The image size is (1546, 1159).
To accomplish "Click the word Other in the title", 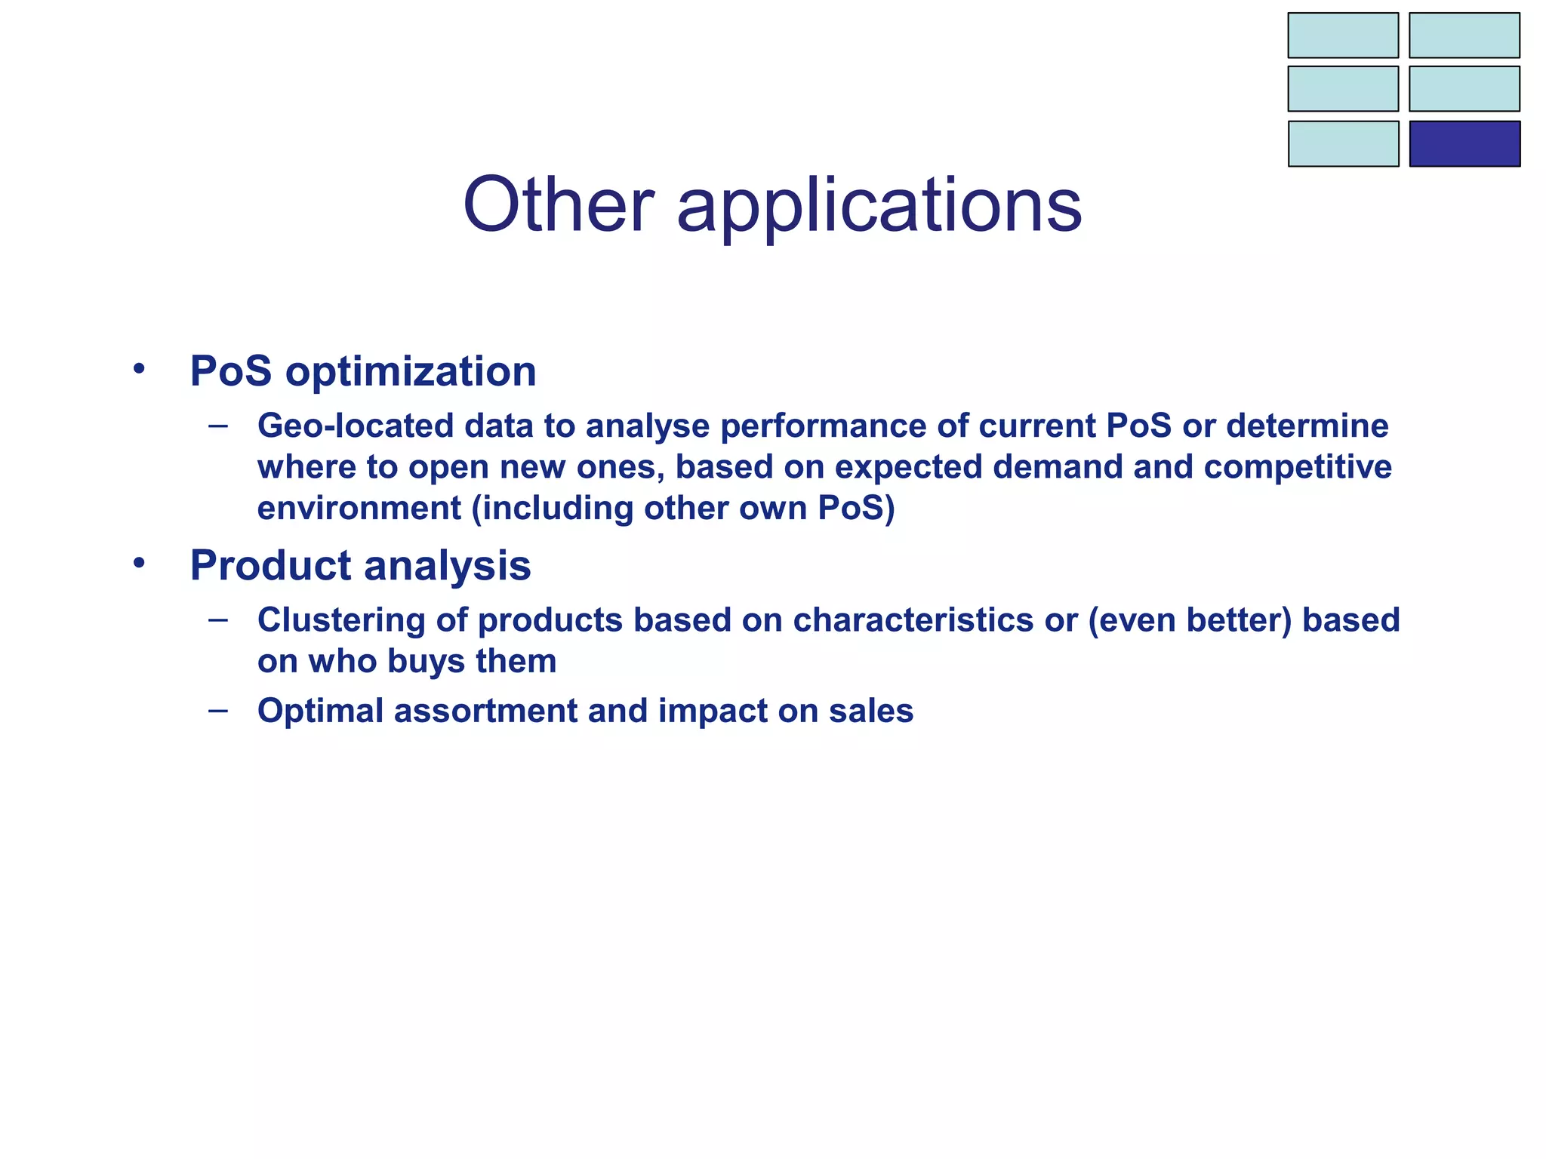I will point(558,205).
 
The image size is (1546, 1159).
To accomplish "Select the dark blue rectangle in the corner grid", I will point(1464,143).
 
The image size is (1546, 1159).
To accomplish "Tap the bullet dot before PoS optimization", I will point(138,370).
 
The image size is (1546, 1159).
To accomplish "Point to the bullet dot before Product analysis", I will point(138,564).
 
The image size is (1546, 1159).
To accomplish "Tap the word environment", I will point(359,509).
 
